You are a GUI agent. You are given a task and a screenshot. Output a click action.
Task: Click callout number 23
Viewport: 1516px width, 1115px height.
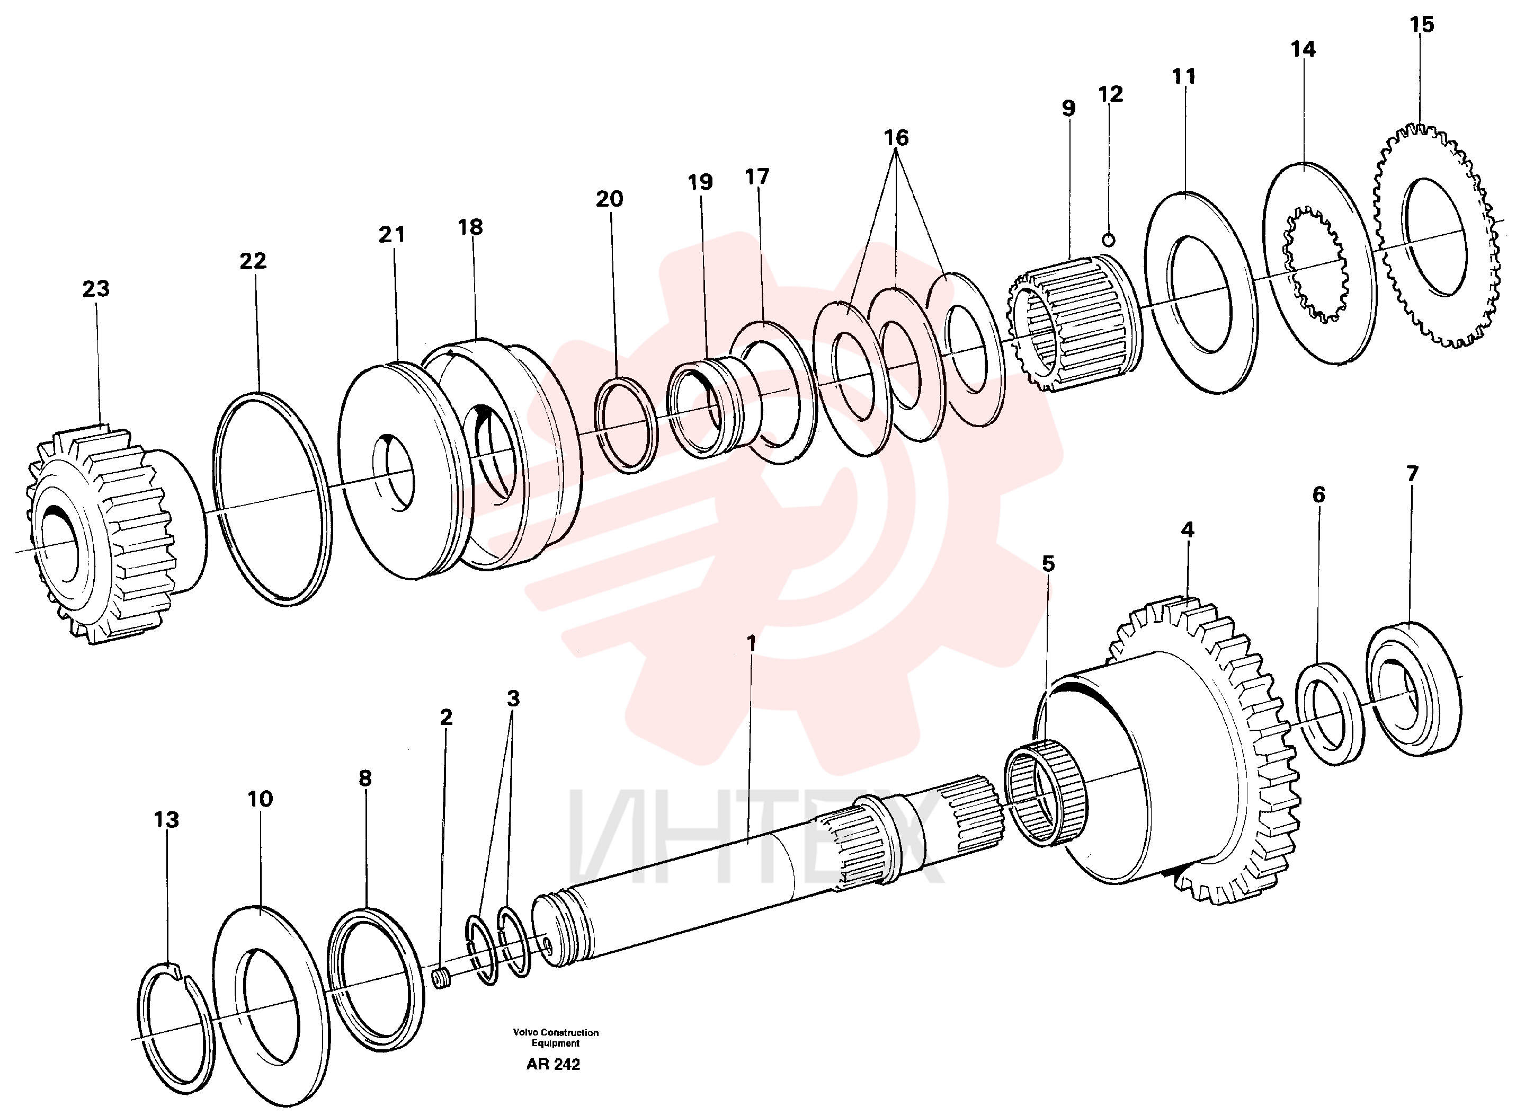(96, 289)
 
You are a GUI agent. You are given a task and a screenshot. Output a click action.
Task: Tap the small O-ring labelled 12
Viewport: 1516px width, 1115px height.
(1108, 240)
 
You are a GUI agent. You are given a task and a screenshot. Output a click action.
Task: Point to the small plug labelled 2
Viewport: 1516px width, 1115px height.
(441, 978)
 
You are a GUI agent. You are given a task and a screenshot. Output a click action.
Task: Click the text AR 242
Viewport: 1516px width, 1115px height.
(553, 1064)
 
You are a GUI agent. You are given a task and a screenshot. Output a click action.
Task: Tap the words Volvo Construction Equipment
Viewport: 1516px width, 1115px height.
(555, 1038)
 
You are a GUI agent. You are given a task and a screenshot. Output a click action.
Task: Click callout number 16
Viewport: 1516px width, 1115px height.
(896, 138)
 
